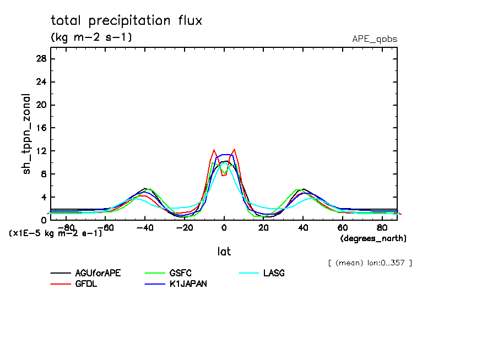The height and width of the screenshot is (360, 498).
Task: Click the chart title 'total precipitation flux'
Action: [x=127, y=21]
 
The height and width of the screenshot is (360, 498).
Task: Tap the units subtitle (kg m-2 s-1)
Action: [x=91, y=37]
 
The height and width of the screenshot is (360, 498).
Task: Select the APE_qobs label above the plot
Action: [x=375, y=39]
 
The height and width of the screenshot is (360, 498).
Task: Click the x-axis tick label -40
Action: [x=144, y=227]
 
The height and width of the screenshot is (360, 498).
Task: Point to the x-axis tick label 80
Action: [x=381, y=227]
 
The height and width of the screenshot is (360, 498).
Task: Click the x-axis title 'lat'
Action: [x=224, y=252]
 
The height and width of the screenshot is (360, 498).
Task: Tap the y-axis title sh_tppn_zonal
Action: [x=26, y=134]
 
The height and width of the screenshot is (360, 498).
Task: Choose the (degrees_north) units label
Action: [x=373, y=238]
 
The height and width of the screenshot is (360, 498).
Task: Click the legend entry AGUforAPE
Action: [x=97, y=273]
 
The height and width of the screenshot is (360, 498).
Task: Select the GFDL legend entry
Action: [x=86, y=283]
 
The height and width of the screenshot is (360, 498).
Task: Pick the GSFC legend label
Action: [x=180, y=273]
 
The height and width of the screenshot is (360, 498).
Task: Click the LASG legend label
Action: [x=273, y=273]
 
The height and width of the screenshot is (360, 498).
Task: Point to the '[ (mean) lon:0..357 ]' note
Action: [x=369, y=263]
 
